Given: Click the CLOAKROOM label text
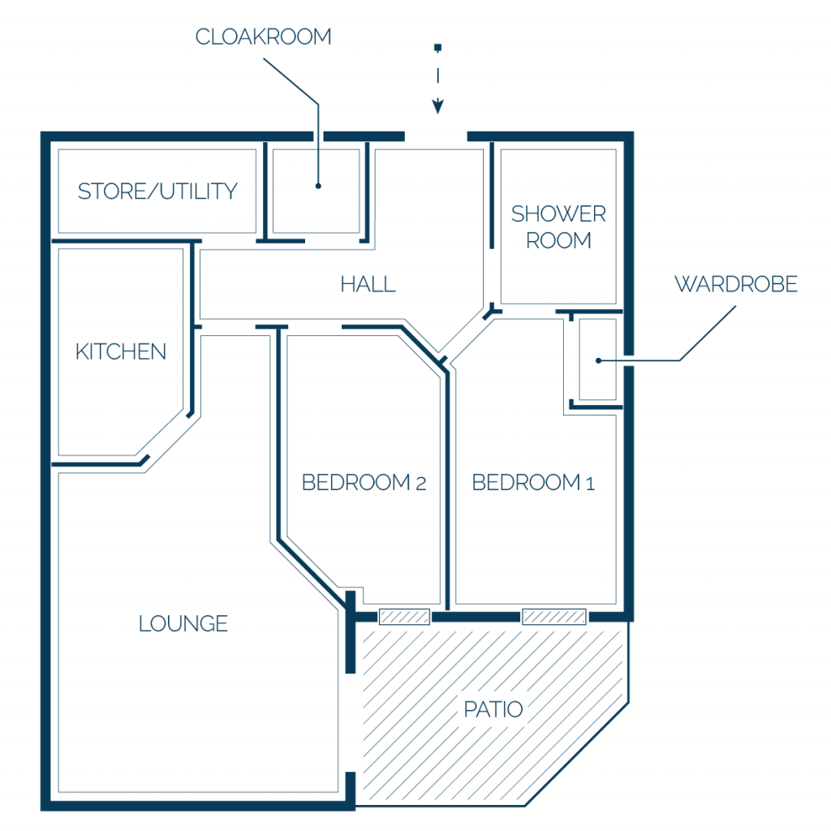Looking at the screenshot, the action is click(x=264, y=37).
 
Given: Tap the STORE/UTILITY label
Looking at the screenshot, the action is click(x=157, y=192).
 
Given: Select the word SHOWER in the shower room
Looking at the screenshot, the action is click(x=558, y=214).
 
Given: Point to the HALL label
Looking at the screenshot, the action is click(x=368, y=284).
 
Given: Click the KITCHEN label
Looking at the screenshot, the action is click(x=121, y=352).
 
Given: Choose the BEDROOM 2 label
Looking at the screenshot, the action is click(x=364, y=482).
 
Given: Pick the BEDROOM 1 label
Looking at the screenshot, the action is click(x=533, y=482).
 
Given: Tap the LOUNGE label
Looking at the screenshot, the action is click(x=183, y=624).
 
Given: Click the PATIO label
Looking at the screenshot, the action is click(x=493, y=709).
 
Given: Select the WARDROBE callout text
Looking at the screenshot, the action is click(x=736, y=284).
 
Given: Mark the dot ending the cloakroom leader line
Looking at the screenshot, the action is click(x=318, y=186).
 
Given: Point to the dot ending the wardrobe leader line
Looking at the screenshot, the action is click(x=598, y=360).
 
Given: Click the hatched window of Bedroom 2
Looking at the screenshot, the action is click(x=404, y=617).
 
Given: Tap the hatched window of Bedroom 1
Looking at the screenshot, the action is click(x=554, y=617).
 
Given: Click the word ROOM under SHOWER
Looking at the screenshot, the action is click(x=558, y=240).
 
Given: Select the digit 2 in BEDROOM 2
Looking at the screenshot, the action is click(x=421, y=484).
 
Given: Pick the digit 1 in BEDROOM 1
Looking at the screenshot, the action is click(x=591, y=484).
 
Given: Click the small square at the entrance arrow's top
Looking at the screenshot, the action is click(x=437, y=48).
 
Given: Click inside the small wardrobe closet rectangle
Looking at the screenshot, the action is click(x=598, y=360).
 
